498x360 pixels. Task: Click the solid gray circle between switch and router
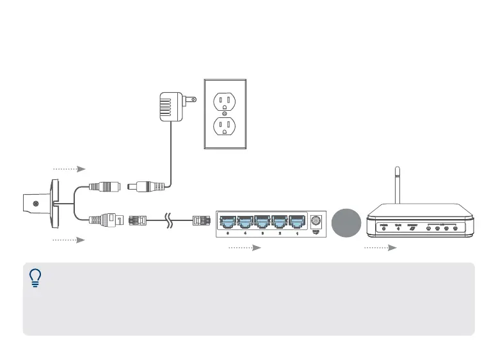pyautogui.click(x=347, y=223)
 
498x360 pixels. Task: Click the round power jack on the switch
pyautogui.click(x=316, y=221)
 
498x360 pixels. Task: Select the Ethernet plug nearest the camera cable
pyautogui.click(x=139, y=219)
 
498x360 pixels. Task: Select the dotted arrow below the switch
pyautogui.click(x=246, y=247)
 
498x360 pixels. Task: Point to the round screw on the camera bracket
pyautogui.click(x=35, y=203)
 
